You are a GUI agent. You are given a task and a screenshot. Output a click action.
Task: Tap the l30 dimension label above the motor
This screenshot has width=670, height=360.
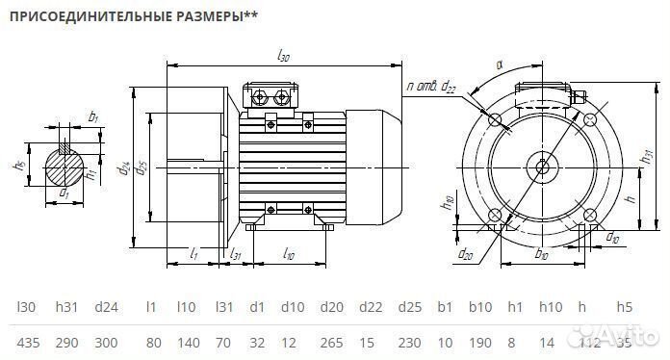[283, 58]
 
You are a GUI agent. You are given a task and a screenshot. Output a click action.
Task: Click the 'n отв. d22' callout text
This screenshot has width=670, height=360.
[432, 87]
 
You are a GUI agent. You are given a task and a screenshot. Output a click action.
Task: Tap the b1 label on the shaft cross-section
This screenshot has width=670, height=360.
[93, 116]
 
